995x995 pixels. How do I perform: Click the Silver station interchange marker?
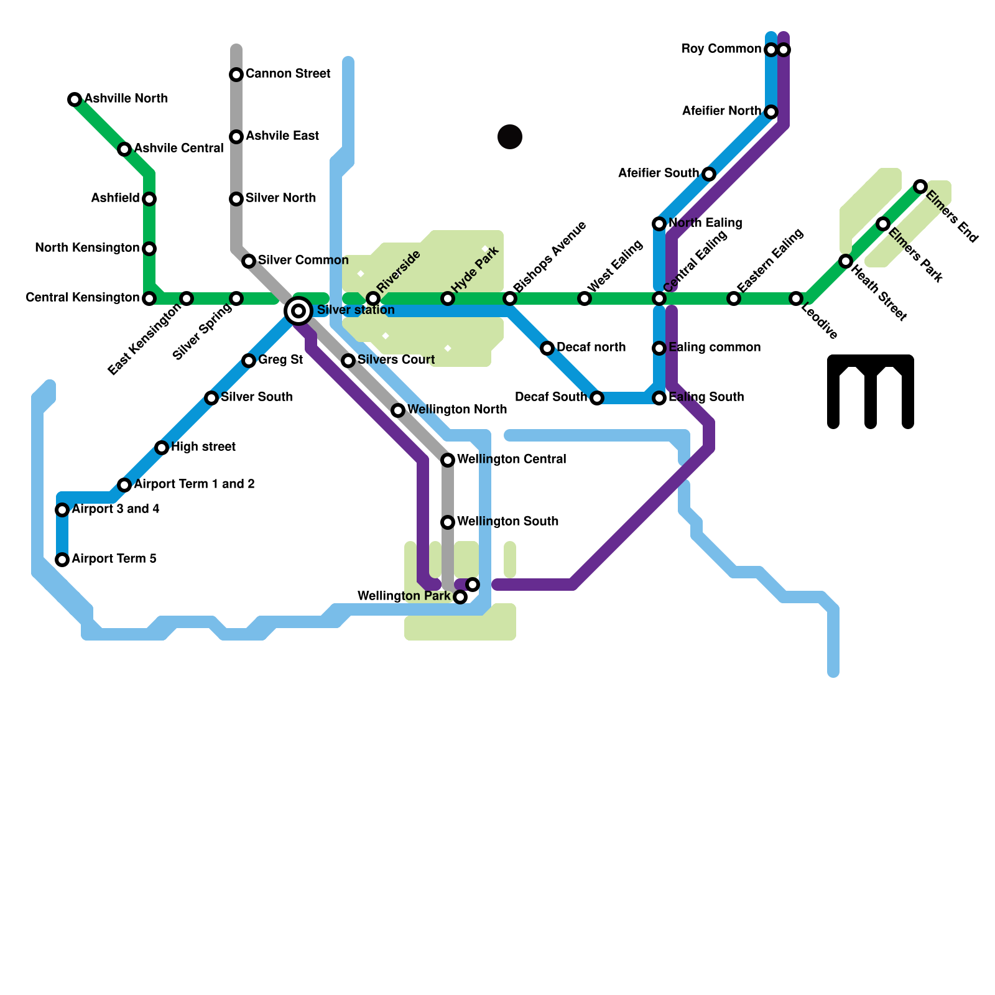tap(298, 310)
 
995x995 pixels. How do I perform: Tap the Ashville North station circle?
tap(75, 99)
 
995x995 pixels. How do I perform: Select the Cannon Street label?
tap(288, 73)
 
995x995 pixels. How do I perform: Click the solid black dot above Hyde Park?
tap(510, 137)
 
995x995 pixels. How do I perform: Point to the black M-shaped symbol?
tap(871, 391)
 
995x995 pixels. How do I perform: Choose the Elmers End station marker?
tap(920, 186)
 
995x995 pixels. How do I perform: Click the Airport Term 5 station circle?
tap(62, 560)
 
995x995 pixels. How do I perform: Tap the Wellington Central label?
tap(511, 459)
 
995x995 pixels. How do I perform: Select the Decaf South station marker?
tap(597, 398)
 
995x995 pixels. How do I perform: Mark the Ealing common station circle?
tap(659, 348)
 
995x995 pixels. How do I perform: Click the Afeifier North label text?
tap(721, 111)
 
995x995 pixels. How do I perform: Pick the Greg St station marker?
tap(249, 361)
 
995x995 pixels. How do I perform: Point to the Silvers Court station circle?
tap(348, 361)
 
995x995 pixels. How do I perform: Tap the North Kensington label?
tap(87, 248)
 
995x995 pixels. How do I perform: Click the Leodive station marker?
tap(796, 298)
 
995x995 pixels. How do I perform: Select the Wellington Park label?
tap(404, 596)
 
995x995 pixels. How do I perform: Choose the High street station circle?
tap(162, 448)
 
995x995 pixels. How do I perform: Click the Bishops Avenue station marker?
tap(510, 298)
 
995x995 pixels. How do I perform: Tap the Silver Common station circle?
tap(249, 261)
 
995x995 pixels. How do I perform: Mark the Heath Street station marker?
tap(846, 261)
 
